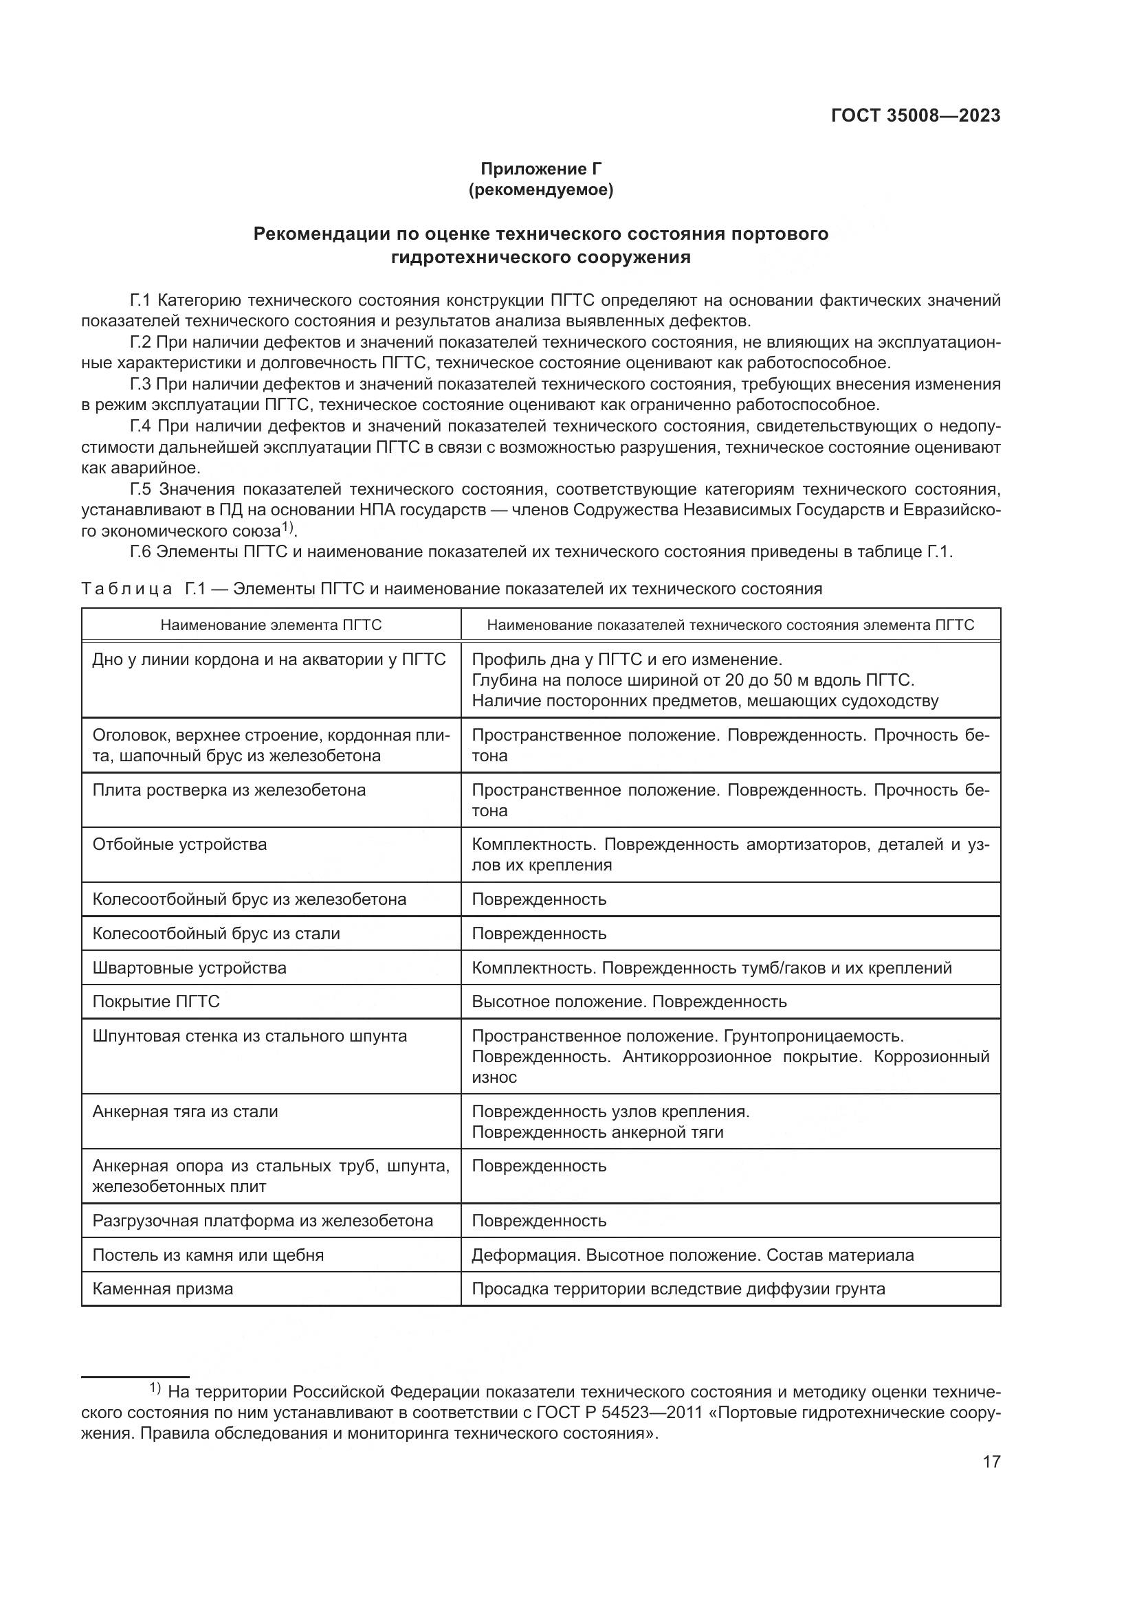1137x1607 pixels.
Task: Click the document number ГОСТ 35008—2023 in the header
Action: pos(915,116)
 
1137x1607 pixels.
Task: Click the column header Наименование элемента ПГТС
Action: pos(271,625)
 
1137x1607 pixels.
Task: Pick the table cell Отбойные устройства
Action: pos(180,845)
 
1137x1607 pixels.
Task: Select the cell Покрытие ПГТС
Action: pos(156,1002)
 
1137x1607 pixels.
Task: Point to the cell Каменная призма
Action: pos(162,1288)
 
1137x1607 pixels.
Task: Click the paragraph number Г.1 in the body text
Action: pos(141,301)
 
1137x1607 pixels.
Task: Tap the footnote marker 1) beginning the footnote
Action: pos(155,1388)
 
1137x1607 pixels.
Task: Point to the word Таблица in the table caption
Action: pos(126,589)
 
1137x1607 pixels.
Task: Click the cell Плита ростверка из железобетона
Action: pos(229,790)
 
